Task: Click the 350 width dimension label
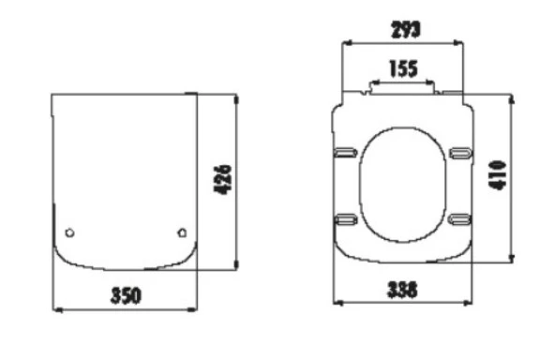click(x=126, y=295)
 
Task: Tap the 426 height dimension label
click(x=223, y=179)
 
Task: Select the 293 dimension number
click(x=406, y=30)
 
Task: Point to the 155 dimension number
click(x=403, y=68)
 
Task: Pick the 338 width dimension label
click(x=403, y=290)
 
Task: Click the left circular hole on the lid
click(x=69, y=232)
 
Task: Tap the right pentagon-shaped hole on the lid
click(x=182, y=232)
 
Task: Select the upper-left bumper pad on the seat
click(x=345, y=153)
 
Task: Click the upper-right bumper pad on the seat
click(x=460, y=153)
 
